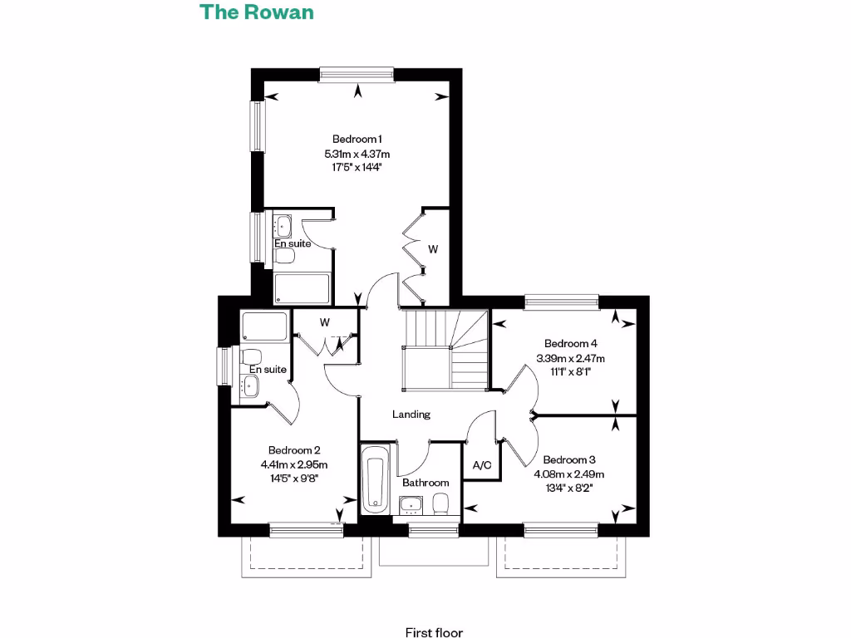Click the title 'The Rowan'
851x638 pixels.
(257, 12)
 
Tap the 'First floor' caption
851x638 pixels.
(434, 632)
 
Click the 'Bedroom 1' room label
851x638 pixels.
(357, 139)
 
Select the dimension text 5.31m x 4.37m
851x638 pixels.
(357, 154)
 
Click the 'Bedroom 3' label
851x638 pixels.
(569, 459)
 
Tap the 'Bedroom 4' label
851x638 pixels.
(570, 343)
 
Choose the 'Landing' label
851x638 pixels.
(411, 415)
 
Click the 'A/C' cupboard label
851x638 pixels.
(482, 466)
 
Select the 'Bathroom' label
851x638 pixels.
(425, 483)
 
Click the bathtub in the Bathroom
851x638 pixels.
(375, 479)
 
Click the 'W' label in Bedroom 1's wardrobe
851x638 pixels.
(433, 248)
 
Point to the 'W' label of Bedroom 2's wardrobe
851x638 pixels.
(325, 321)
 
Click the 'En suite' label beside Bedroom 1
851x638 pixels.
(293, 243)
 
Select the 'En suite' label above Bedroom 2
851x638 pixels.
(268, 369)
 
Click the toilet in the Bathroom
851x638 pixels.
(441, 503)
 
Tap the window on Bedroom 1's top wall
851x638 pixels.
(357, 75)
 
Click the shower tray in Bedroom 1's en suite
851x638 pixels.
(301, 289)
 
